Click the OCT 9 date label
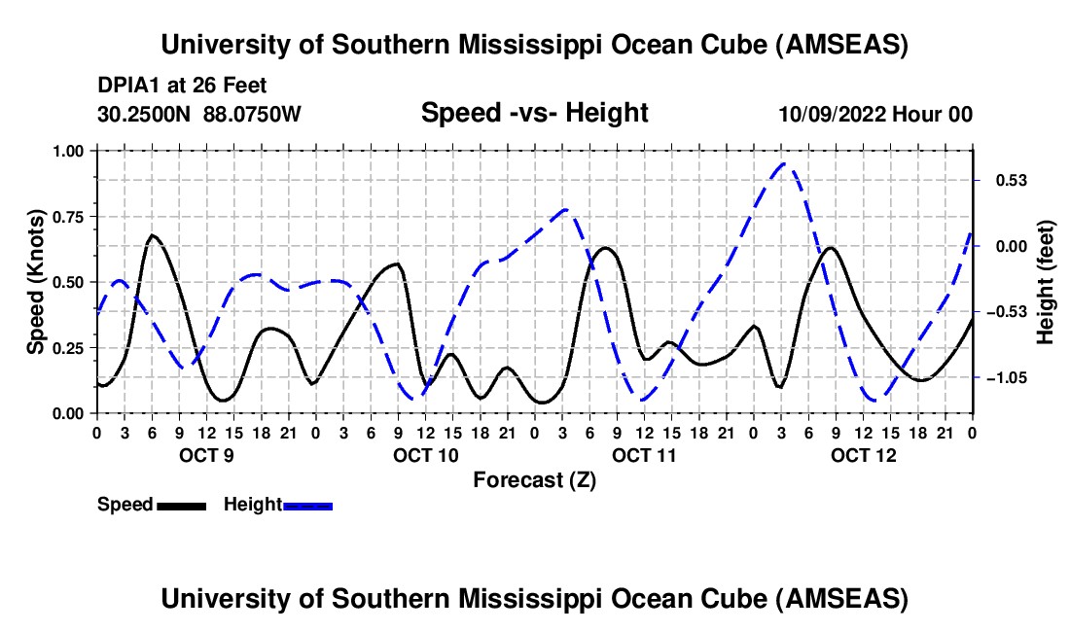tap(206, 455)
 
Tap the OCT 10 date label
tap(426, 455)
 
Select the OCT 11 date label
tap(645, 455)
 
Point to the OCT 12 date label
tap(864, 455)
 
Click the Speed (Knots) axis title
tap(35, 282)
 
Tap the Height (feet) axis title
tap(1045, 282)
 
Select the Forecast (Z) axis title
tap(534, 479)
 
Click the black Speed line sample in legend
tap(182, 505)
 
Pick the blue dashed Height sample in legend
tap(308, 505)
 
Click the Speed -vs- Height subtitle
tap(534, 113)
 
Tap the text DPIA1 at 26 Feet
tap(182, 86)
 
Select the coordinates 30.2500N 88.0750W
tap(199, 114)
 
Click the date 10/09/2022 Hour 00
tap(875, 114)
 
